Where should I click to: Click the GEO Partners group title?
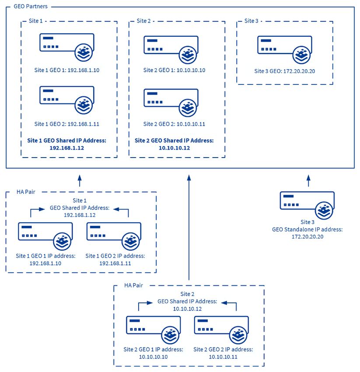31,7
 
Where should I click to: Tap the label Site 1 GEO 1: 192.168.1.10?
66,70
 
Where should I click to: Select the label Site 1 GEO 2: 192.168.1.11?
66,124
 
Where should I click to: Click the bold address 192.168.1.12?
66,148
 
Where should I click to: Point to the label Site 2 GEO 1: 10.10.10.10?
174,70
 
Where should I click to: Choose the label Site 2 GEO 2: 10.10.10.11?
174,124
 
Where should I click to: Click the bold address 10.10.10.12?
174,148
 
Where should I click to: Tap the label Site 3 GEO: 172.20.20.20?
285,71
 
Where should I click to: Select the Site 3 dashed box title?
251,21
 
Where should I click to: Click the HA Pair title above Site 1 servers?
26,192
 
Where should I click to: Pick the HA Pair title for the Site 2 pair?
133,285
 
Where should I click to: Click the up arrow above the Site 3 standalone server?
308,181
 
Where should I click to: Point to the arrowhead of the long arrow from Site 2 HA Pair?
189,178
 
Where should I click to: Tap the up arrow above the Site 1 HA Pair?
80,181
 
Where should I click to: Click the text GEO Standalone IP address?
308,230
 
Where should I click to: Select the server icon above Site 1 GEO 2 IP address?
114,236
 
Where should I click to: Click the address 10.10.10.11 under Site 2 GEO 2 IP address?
223,357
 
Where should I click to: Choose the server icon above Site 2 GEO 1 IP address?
154,330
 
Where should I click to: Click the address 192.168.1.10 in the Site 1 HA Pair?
45,263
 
